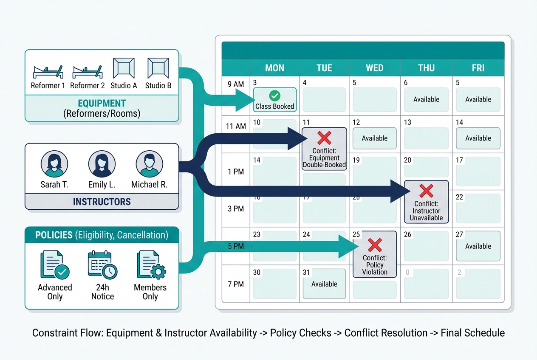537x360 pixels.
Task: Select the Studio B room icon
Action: click(158, 68)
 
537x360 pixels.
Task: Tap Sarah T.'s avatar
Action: click(54, 163)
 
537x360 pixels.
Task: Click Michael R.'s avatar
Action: click(149, 163)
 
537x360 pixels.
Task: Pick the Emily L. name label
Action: click(102, 185)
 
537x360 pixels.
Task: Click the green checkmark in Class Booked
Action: click(275, 96)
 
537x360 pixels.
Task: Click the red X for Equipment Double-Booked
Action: click(324, 138)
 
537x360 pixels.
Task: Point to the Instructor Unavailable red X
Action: click(426, 191)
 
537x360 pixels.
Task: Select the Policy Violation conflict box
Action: click(374, 254)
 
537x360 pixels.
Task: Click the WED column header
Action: click(374, 68)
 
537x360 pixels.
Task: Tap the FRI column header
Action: click(478, 68)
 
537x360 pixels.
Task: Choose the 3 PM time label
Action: click(235, 209)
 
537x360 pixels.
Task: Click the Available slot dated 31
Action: click(324, 284)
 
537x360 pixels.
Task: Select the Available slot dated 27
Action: click(478, 246)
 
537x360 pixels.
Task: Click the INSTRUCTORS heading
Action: click(102, 201)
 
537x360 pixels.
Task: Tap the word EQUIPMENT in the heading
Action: click(102, 103)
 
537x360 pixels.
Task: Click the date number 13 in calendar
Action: click(407, 122)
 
